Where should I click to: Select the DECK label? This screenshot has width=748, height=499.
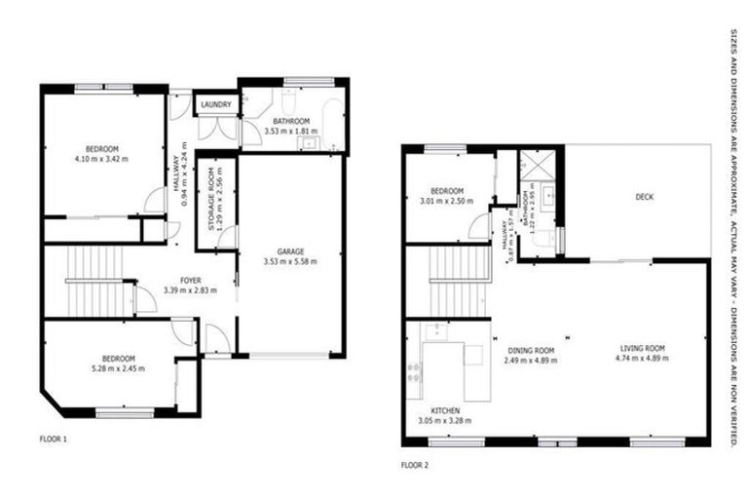click(644, 196)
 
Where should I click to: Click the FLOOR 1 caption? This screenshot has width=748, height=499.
click(53, 440)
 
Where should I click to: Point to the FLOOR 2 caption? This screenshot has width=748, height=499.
click(414, 465)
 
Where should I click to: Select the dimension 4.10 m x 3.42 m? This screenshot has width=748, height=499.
click(101, 158)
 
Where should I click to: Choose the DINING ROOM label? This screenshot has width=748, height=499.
click(531, 350)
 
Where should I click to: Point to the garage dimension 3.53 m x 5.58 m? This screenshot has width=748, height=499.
click(291, 260)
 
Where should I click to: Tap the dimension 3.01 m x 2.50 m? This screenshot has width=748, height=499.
click(447, 202)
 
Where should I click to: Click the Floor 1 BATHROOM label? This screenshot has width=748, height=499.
click(290, 121)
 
